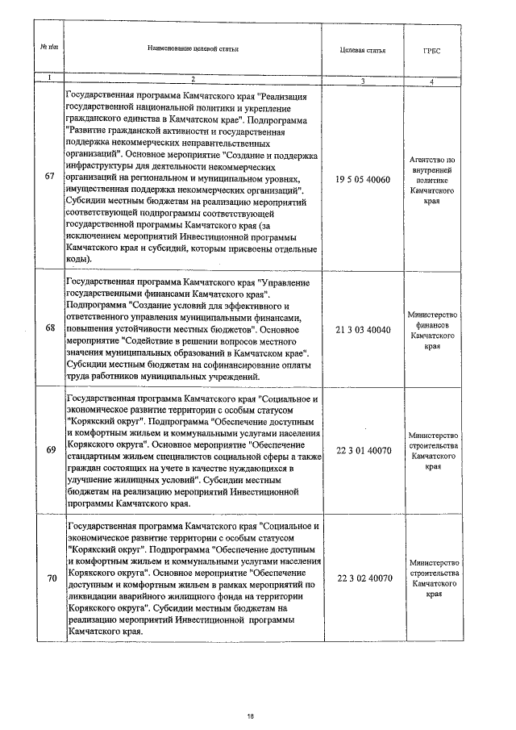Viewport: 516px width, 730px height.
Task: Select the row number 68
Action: click(x=50, y=328)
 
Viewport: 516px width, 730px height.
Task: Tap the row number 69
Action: click(x=50, y=448)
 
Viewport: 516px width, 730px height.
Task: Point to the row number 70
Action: click(x=50, y=578)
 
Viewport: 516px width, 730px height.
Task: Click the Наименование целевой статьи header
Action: click(x=193, y=49)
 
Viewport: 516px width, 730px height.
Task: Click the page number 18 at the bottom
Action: click(x=251, y=715)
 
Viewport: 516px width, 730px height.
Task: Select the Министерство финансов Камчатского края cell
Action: click(x=433, y=330)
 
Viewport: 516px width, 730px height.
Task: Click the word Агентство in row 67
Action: click(x=433, y=160)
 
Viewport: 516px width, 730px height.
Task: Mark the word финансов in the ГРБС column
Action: click(x=433, y=324)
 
